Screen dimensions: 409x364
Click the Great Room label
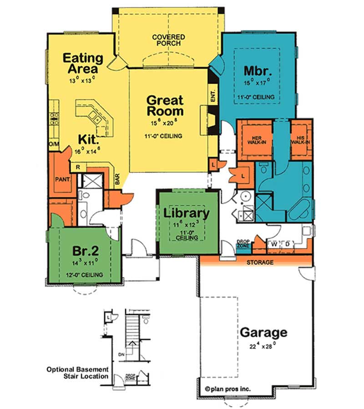click(x=165, y=105)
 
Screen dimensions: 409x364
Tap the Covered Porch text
click(x=168, y=40)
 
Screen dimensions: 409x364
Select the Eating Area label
click(x=83, y=64)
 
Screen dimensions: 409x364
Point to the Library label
click(x=187, y=212)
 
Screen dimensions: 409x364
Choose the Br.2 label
click(x=83, y=251)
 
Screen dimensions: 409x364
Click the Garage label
click(x=263, y=332)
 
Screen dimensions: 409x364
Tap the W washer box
click(x=274, y=244)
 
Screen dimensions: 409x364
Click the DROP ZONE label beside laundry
click(x=243, y=244)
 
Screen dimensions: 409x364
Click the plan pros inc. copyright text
click(x=228, y=389)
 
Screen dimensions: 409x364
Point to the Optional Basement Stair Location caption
click(x=77, y=373)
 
